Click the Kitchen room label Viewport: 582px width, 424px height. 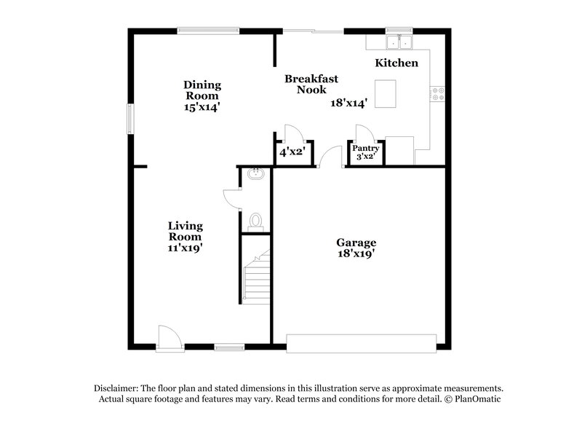pos(396,63)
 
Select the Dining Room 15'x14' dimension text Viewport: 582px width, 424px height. pos(202,106)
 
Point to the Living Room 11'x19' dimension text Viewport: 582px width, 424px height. pos(185,248)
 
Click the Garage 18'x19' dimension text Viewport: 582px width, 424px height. pos(356,254)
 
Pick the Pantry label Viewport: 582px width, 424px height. pos(365,148)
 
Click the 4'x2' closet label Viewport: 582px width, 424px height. pos(292,153)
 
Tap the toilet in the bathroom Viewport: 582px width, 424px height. pos(255,219)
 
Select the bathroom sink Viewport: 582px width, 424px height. pos(255,175)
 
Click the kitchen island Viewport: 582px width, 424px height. pos(386,93)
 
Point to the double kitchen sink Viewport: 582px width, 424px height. pos(399,40)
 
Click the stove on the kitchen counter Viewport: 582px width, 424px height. pos(439,93)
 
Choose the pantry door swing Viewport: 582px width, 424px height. pos(364,133)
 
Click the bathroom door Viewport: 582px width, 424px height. pos(232,198)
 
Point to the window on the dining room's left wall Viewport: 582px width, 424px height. pos(132,119)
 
